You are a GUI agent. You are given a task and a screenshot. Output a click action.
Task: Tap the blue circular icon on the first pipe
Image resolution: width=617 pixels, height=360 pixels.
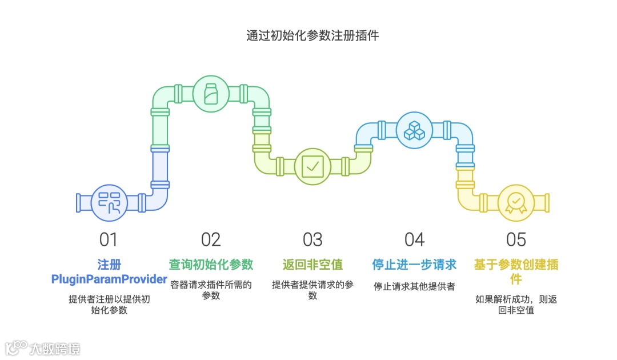[x=109, y=202]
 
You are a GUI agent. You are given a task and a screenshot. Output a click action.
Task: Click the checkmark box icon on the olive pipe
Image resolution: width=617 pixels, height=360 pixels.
[x=312, y=166]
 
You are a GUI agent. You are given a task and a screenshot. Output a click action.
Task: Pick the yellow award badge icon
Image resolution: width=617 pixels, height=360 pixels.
[x=515, y=202]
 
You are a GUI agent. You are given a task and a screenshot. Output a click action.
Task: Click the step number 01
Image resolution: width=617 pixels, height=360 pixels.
[x=109, y=239]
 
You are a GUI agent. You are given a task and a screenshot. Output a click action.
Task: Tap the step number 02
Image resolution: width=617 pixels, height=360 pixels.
[x=211, y=239]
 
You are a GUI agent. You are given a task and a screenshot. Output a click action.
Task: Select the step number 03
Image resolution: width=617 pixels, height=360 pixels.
[x=312, y=239]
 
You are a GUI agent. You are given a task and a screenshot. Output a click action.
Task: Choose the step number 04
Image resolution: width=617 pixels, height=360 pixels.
[x=414, y=239]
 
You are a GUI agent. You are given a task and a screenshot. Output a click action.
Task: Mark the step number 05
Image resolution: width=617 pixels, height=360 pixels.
[x=516, y=239]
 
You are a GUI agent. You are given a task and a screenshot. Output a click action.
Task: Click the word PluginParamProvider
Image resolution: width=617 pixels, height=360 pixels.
[x=109, y=279]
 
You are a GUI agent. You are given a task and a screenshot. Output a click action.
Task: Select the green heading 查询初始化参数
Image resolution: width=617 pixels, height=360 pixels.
[x=211, y=265]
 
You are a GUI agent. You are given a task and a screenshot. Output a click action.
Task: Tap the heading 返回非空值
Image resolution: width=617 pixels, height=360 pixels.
[x=312, y=265]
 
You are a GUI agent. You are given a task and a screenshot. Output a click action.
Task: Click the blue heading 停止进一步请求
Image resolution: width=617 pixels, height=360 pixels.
[x=414, y=265]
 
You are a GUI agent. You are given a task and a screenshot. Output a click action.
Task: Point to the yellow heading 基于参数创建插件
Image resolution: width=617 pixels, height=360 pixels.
[x=516, y=265]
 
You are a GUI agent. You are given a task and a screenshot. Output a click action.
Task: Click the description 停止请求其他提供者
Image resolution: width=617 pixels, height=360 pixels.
[x=414, y=286]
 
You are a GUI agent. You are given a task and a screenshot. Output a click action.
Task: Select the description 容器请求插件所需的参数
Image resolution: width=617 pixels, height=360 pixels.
[x=211, y=284]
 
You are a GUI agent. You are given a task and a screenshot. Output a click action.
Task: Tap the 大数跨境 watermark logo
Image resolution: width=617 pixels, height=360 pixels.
[x=43, y=347]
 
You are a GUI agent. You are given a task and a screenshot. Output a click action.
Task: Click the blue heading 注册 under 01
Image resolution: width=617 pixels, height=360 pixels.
[x=109, y=265]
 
